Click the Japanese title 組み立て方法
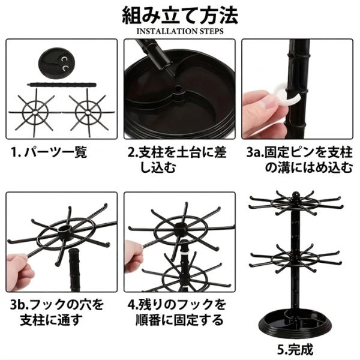[180, 15]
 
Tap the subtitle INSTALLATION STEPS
[180, 31]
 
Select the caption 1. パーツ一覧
[49, 152]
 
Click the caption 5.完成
[295, 350]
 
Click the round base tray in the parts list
[56, 62]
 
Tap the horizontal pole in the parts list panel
[62, 85]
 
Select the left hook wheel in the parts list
[35, 113]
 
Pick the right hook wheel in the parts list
[88, 113]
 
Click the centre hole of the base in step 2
[178, 89]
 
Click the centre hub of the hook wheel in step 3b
[64, 229]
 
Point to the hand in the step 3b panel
[20, 272]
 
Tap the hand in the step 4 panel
[134, 257]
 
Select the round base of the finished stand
[295, 322]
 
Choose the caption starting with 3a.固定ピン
[299, 160]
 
